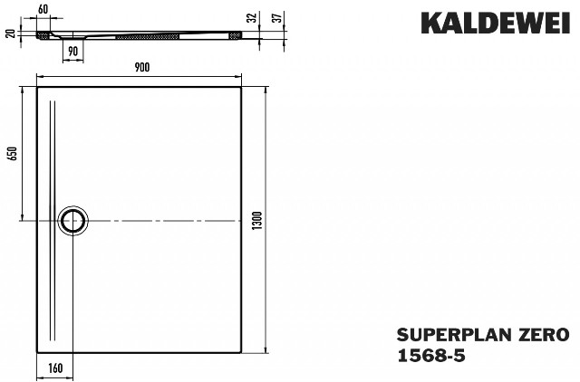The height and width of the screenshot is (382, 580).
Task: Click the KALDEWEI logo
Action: (496, 23)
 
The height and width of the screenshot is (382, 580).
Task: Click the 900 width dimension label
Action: (142, 67)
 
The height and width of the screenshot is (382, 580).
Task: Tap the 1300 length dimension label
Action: (256, 220)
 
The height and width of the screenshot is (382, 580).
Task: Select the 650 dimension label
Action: (13, 153)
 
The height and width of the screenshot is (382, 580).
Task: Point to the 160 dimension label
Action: (55, 368)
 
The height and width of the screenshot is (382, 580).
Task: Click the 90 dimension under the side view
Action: (73, 52)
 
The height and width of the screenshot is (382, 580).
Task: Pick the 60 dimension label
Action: (43, 9)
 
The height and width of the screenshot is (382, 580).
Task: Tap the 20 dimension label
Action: (11, 33)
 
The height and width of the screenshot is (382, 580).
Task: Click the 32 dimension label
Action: (252, 18)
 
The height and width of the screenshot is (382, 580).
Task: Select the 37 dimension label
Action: (278, 17)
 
